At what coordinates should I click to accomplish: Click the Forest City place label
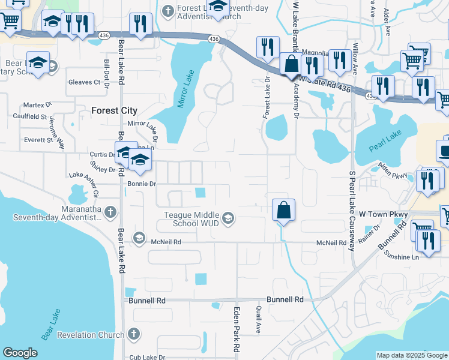(x=114, y=111)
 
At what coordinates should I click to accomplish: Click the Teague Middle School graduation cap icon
(x=228, y=219)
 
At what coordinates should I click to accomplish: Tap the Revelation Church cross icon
(x=134, y=333)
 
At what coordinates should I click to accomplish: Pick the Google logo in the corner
(x=20, y=353)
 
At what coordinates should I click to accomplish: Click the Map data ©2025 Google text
(x=411, y=355)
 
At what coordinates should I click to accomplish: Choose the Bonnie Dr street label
(x=142, y=184)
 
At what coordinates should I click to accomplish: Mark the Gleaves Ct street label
(x=83, y=82)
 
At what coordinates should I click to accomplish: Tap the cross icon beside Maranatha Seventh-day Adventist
(x=110, y=211)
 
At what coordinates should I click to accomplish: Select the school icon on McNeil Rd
(x=139, y=238)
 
